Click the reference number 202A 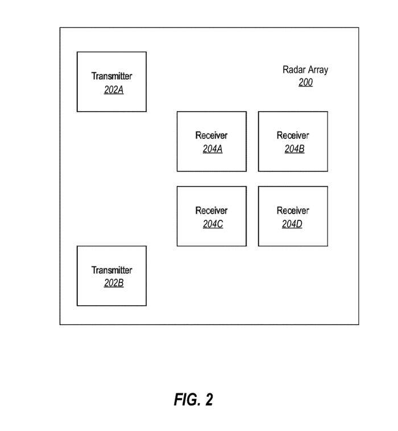[x=114, y=89]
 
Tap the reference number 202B [x=114, y=284]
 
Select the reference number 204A [x=213, y=149]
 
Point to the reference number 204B [x=295, y=149]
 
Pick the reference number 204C [x=213, y=224]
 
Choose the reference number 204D [x=292, y=224]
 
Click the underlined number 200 [x=305, y=83]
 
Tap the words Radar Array [x=305, y=70]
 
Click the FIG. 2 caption [x=193, y=400]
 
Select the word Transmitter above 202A [x=112, y=76]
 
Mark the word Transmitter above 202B [x=112, y=270]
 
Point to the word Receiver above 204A [x=212, y=136]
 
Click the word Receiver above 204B [x=293, y=136]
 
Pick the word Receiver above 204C [x=212, y=211]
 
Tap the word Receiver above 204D [x=293, y=211]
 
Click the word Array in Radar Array [x=317, y=70]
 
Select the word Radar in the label [x=294, y=70]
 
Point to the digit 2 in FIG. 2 [x=209, y=400]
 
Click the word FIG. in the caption [x=186, y=400]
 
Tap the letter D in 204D [x=300, y=224]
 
